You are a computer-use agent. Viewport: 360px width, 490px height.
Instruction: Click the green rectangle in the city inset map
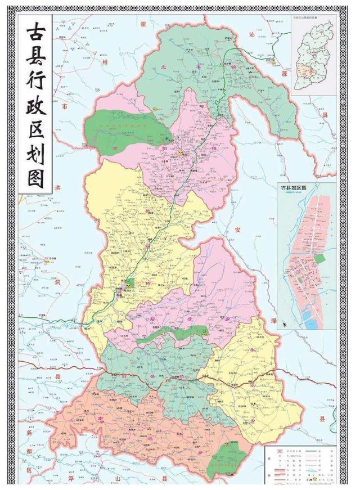(319, 259)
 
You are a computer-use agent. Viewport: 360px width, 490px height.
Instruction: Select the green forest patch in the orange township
(228, 457)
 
